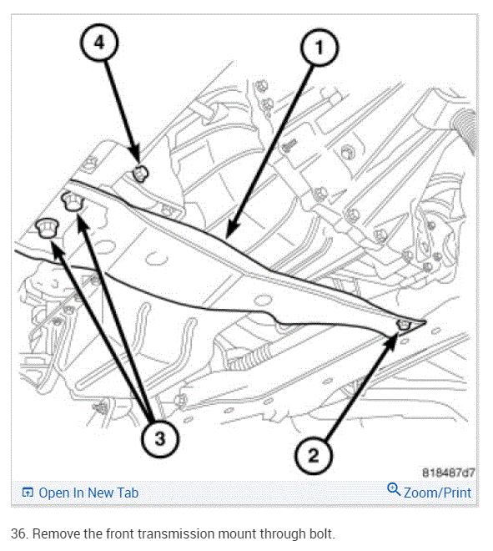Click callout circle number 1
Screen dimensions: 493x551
point(319,48)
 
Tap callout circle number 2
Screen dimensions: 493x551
point(313,456)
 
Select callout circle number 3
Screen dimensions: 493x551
point(160,439)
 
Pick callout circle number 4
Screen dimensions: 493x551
point(99,43)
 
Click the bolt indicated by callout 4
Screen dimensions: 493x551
point(140,173)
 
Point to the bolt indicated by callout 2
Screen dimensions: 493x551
point(404,325)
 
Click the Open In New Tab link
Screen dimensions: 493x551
point(88,493)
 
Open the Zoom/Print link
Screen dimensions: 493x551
point(437,493)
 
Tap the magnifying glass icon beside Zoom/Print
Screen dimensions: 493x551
point(394,489)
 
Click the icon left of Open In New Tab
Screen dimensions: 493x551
point(28,493)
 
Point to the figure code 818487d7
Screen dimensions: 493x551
point(448,473)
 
